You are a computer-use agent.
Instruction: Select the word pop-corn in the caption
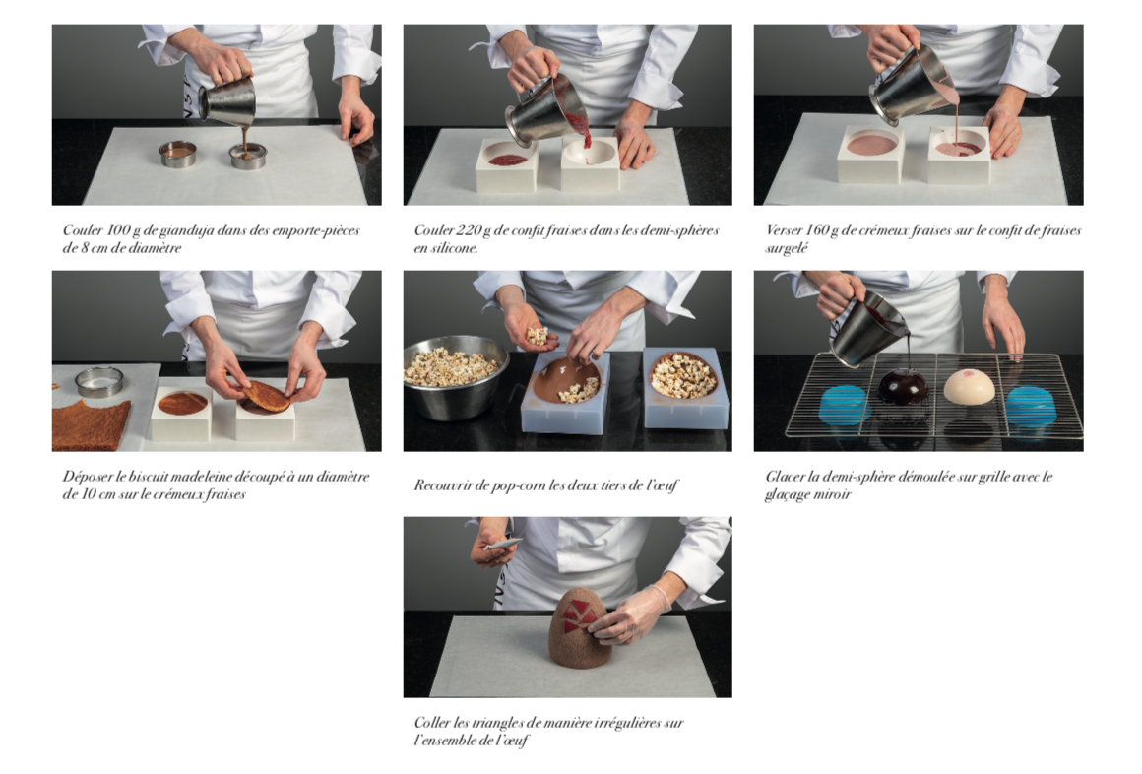(519, 485)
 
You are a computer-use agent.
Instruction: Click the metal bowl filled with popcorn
(456, 377)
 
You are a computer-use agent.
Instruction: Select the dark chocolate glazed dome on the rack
(903, 386)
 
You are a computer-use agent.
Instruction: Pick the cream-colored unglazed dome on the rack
(970, 386)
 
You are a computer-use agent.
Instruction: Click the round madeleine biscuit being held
(266, 396)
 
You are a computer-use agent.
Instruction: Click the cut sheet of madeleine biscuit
(91, 424)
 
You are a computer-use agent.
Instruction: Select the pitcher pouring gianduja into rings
(228, 102)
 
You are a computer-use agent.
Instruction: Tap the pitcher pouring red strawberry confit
(546, 110)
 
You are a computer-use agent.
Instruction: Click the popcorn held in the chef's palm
(538, 335)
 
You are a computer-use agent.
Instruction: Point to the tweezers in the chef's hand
(504, 544)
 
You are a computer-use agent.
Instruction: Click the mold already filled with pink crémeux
(871, 154)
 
